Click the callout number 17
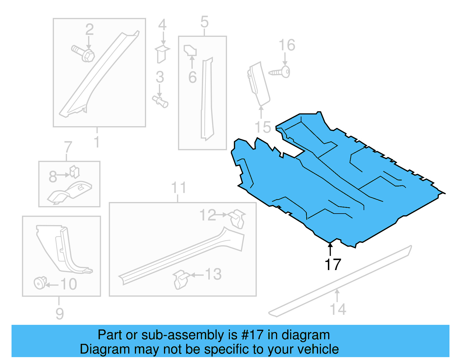pyautogui.click(x=333, y=264)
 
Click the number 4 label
pyautogui.click(x=163, y=25)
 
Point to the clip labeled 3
pyautogui.click(x=160, y=101)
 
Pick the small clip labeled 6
pyautogui.click(x=190, y=50)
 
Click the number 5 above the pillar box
pyautogui.click(x=204, y=22)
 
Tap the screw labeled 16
pyautogui.click(x=281, y=72)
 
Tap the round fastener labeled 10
pyautogui.click(x=40, y=283)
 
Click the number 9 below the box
pyautogui.click(x=59, y=313)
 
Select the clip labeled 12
pyautogui.click(x=238, y=218)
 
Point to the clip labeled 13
pyautogui.click(x=180, y=279)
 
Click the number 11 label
pyautogui.click(x=179, y=188)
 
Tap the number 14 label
pyautogui.click(x=338, y=309)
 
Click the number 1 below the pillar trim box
pyautogui.click(x=97, y=142)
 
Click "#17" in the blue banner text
pyautogui.click(x=252, y=335)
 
